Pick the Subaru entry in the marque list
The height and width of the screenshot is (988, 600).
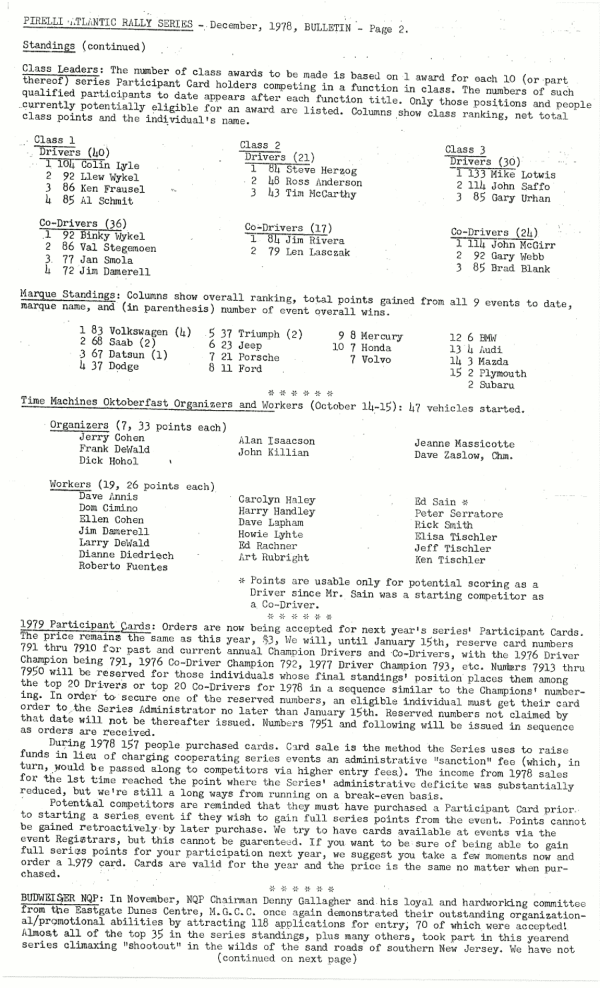496,385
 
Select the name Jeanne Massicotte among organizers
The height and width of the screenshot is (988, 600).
464,443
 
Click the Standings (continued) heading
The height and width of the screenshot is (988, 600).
83,46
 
